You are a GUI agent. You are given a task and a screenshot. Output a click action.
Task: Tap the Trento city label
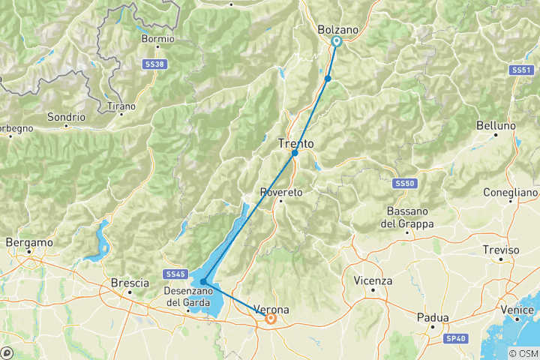tap(295, 142)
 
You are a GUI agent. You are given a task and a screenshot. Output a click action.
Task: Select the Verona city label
tap(271, 309)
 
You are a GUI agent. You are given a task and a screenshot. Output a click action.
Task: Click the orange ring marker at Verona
tap(271, 319)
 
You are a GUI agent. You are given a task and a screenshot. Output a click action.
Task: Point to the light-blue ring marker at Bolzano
tap(337, 42)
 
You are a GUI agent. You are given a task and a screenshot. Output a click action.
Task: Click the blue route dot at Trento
tap(295, 153)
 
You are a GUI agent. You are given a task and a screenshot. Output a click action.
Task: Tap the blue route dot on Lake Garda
tap(203, 282)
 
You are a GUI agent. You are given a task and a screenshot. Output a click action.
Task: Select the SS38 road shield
tap(154, 66)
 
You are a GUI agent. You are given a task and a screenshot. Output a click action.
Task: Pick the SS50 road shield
tap(403, 183)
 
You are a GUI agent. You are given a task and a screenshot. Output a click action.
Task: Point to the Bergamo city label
tap(29, 243)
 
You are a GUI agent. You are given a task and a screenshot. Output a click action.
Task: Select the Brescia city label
tap(125, 283)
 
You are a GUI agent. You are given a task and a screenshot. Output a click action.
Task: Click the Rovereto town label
tap(281, 193)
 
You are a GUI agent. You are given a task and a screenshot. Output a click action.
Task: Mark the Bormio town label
tap(157, 39)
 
